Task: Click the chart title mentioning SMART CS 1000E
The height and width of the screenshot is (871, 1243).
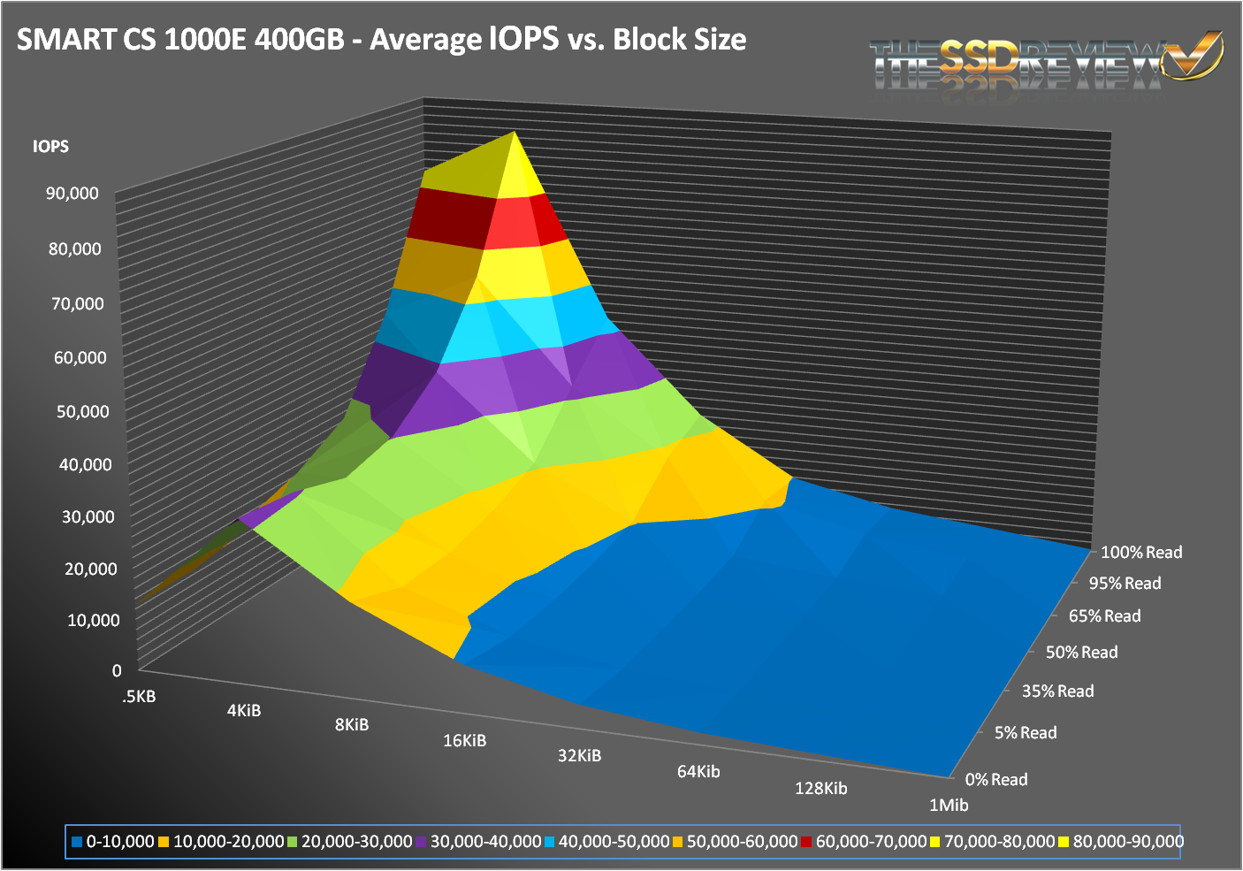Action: pos(381,40)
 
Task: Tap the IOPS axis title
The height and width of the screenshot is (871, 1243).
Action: pos(50,147)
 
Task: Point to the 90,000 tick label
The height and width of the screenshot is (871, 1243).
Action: pos(72,194)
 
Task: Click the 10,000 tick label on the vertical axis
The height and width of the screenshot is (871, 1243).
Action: pos(94,621)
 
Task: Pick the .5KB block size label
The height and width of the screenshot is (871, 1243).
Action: pos(140,697)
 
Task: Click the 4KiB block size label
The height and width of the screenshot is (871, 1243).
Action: pos(244,711)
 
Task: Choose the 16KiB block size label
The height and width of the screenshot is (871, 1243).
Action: pos(464,741)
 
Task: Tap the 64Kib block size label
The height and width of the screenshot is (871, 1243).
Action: pos(698,772)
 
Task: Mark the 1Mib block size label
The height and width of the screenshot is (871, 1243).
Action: pos(949,806)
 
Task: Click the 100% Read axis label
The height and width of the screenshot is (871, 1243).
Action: pos(1140,553)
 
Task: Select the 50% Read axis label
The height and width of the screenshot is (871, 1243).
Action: pos(1081,653)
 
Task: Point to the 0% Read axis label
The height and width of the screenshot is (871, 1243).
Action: pos(996,780)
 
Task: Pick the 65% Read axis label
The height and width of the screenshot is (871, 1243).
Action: pos(1104,616)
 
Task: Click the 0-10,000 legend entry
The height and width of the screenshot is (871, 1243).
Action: pos(112,842)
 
